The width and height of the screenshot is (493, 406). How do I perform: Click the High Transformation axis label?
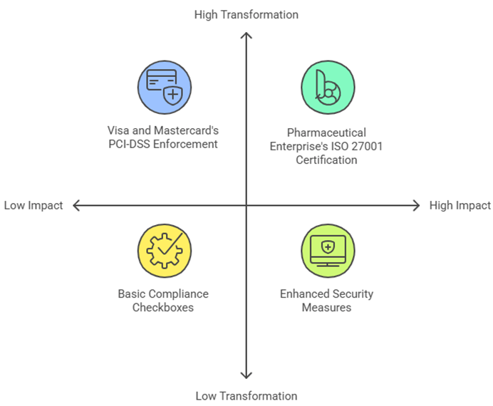(x=246, y=14)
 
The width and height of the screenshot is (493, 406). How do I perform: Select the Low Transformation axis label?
(x=246, y=396)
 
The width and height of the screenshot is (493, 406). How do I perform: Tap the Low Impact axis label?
(x=33, y=205)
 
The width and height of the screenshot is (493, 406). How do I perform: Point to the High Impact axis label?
(x=460, y=205)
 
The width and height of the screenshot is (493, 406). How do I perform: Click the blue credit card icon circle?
(x=165, y=87)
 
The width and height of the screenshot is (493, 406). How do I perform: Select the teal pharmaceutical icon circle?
(x=326, y=87)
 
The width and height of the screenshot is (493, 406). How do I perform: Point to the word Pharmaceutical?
(x=326, y=132)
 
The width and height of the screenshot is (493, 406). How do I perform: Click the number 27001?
(x=343, y=146)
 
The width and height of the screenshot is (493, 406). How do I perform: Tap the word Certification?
(x=326, y=160)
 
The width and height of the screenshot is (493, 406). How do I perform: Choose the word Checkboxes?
(x=163, y=307)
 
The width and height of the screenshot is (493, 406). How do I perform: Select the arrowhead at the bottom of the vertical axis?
(x=246, y=375)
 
